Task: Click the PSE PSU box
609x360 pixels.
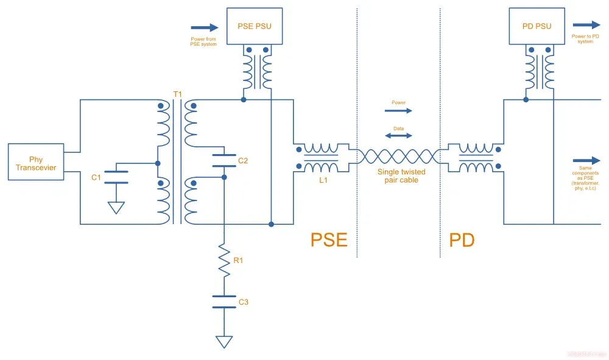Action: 254,26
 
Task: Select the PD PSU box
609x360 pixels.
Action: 537,26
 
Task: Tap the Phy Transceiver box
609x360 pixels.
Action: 36,162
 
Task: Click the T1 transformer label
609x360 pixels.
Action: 177,94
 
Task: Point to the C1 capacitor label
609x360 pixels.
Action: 96,177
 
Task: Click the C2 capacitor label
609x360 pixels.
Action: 243,161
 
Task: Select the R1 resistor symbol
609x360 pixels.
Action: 224,261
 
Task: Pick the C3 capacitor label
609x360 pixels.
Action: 243,302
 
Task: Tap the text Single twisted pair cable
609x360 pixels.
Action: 401,176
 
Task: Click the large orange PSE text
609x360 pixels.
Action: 329,239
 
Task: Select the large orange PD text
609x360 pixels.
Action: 462,239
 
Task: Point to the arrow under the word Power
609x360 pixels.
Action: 398,111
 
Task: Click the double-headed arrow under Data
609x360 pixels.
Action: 398,136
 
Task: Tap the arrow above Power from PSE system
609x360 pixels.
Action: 205,27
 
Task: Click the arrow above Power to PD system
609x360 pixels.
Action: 586,26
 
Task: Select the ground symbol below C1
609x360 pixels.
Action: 116,207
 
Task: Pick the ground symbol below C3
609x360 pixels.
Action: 224,341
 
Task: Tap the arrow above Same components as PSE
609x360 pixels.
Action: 586,161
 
